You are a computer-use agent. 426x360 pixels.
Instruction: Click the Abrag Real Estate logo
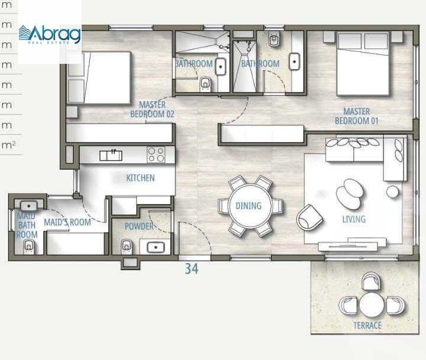pyautogui.click(x=50, y=34)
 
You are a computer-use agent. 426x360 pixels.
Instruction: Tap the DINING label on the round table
pyautogui.click(x=248, y=206)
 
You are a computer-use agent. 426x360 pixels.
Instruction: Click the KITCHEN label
pyautogui.click(x=140, y=178)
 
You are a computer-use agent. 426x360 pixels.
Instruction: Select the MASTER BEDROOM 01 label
pyautogui.click(x=357, y=116)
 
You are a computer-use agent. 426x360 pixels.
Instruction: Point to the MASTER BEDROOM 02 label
pyautogui.click(x=152, y=109)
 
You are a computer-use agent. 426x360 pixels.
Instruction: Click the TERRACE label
pyautogui.click(x=367, y=325)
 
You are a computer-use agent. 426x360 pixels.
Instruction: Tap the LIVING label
pyautogui.click(x=354, y=219)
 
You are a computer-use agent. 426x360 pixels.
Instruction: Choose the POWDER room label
pyautogui.click(x=139, y=226)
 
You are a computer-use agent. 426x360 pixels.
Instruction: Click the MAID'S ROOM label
pyautogui.click(x=67, y=222)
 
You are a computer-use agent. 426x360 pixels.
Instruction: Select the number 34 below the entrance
pyautogui.click(x=191, y=269)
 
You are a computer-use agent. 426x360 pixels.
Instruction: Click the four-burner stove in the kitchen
pyautogui.click(x=156, y=155)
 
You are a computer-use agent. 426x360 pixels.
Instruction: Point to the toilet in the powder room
pyautogui.click(x=125, y=245)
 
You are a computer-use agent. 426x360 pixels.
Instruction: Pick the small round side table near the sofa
pyautogui.click(x=393, y=192)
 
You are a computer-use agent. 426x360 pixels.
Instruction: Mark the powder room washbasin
pyautogui.click(x=156, y=247)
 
